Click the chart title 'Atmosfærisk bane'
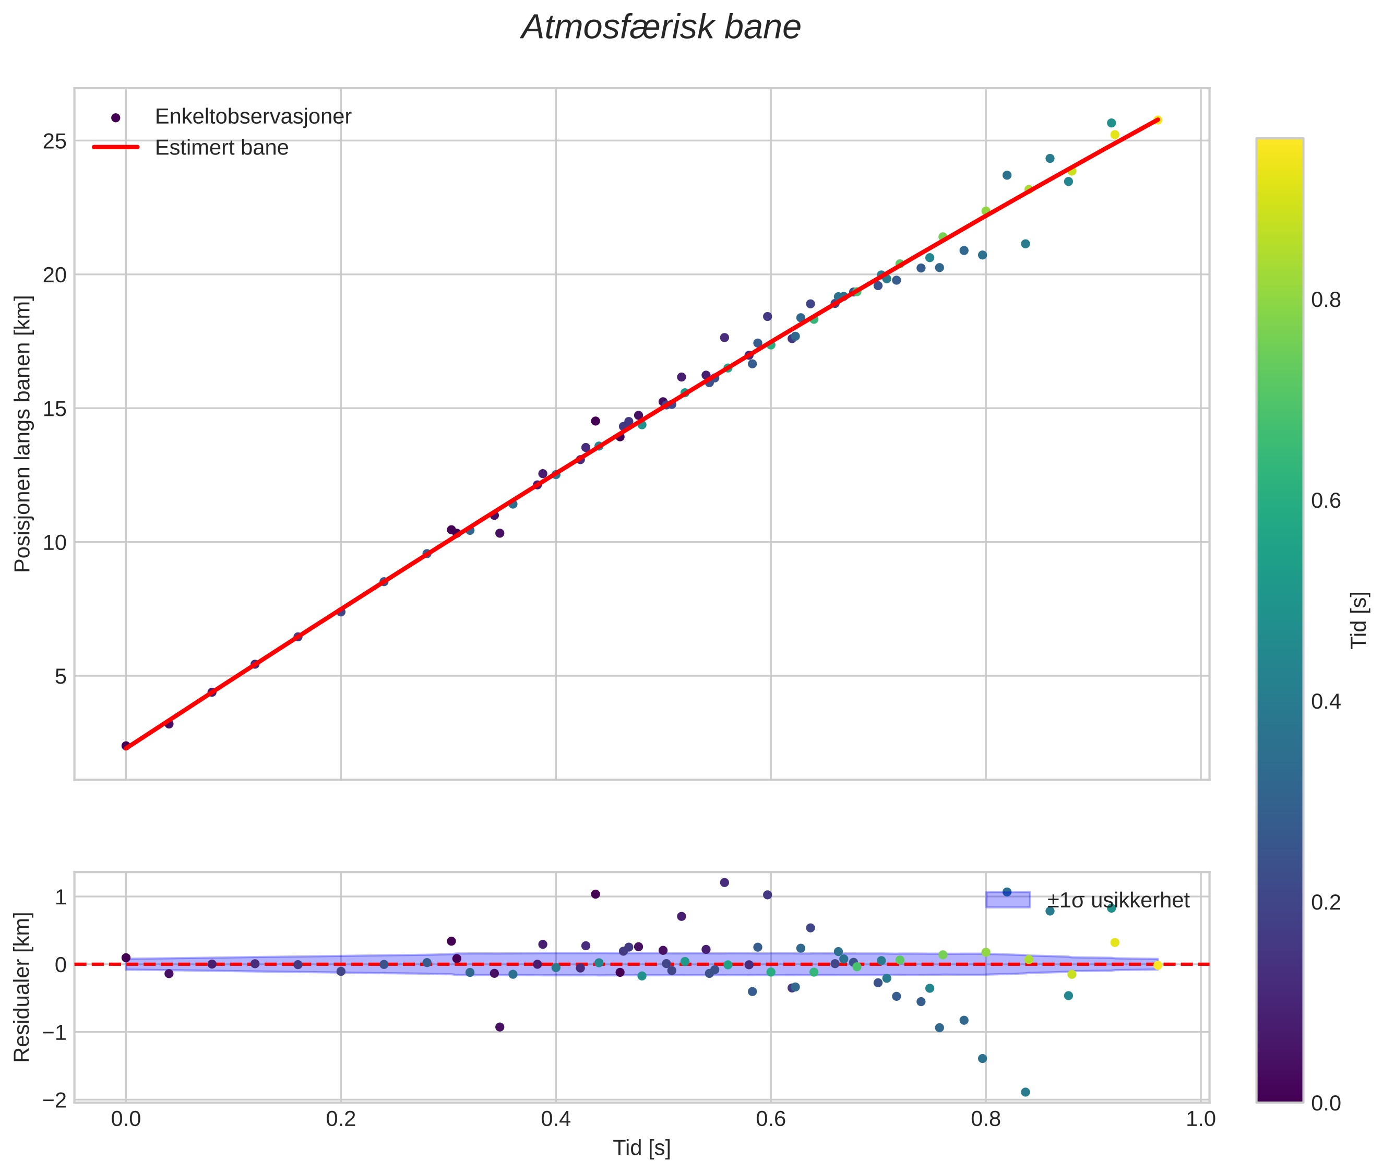(661, 28)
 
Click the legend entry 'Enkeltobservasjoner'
(253, 117)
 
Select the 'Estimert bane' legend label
(221, 148)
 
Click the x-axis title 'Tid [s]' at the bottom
(641, 1147)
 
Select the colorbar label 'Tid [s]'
(1359, 620)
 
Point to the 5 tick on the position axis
(61, 676)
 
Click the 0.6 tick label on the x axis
(770, 1119)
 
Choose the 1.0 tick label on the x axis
(1200, 1119)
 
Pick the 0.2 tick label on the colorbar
(1325, 902)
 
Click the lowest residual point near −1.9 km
(1025, 1092)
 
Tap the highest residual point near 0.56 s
(724, 882)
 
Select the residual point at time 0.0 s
(126, 958)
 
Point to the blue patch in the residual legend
(1008, 900)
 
